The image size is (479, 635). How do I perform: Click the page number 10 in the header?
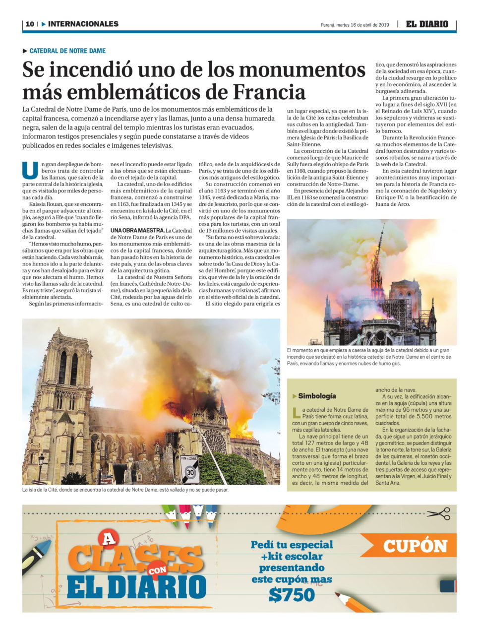(30, 24)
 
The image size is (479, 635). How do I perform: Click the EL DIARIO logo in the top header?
(427, 24)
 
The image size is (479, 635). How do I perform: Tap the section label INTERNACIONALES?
(83, 24)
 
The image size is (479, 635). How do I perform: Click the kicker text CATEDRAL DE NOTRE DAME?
(67, 51)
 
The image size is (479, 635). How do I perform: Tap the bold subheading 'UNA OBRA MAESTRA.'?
(137, 231)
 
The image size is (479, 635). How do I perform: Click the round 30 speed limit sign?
(190, 473)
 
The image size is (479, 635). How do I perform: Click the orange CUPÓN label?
(415, 546)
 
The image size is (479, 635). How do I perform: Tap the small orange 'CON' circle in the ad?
(158, 571)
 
